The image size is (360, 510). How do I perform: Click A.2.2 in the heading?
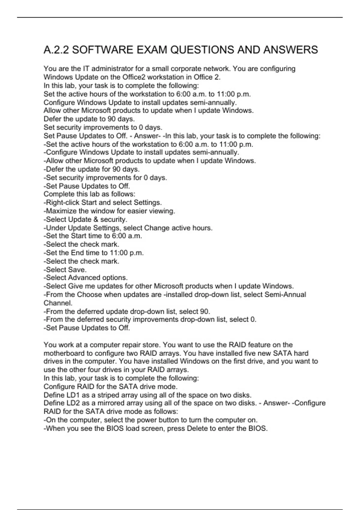tap(56, 50)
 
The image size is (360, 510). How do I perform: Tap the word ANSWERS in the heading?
tap(290, 50)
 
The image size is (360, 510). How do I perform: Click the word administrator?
tap(112, 69)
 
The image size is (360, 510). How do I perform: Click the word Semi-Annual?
tap(285, 294)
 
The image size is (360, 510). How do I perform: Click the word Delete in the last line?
tap(198, 428)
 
